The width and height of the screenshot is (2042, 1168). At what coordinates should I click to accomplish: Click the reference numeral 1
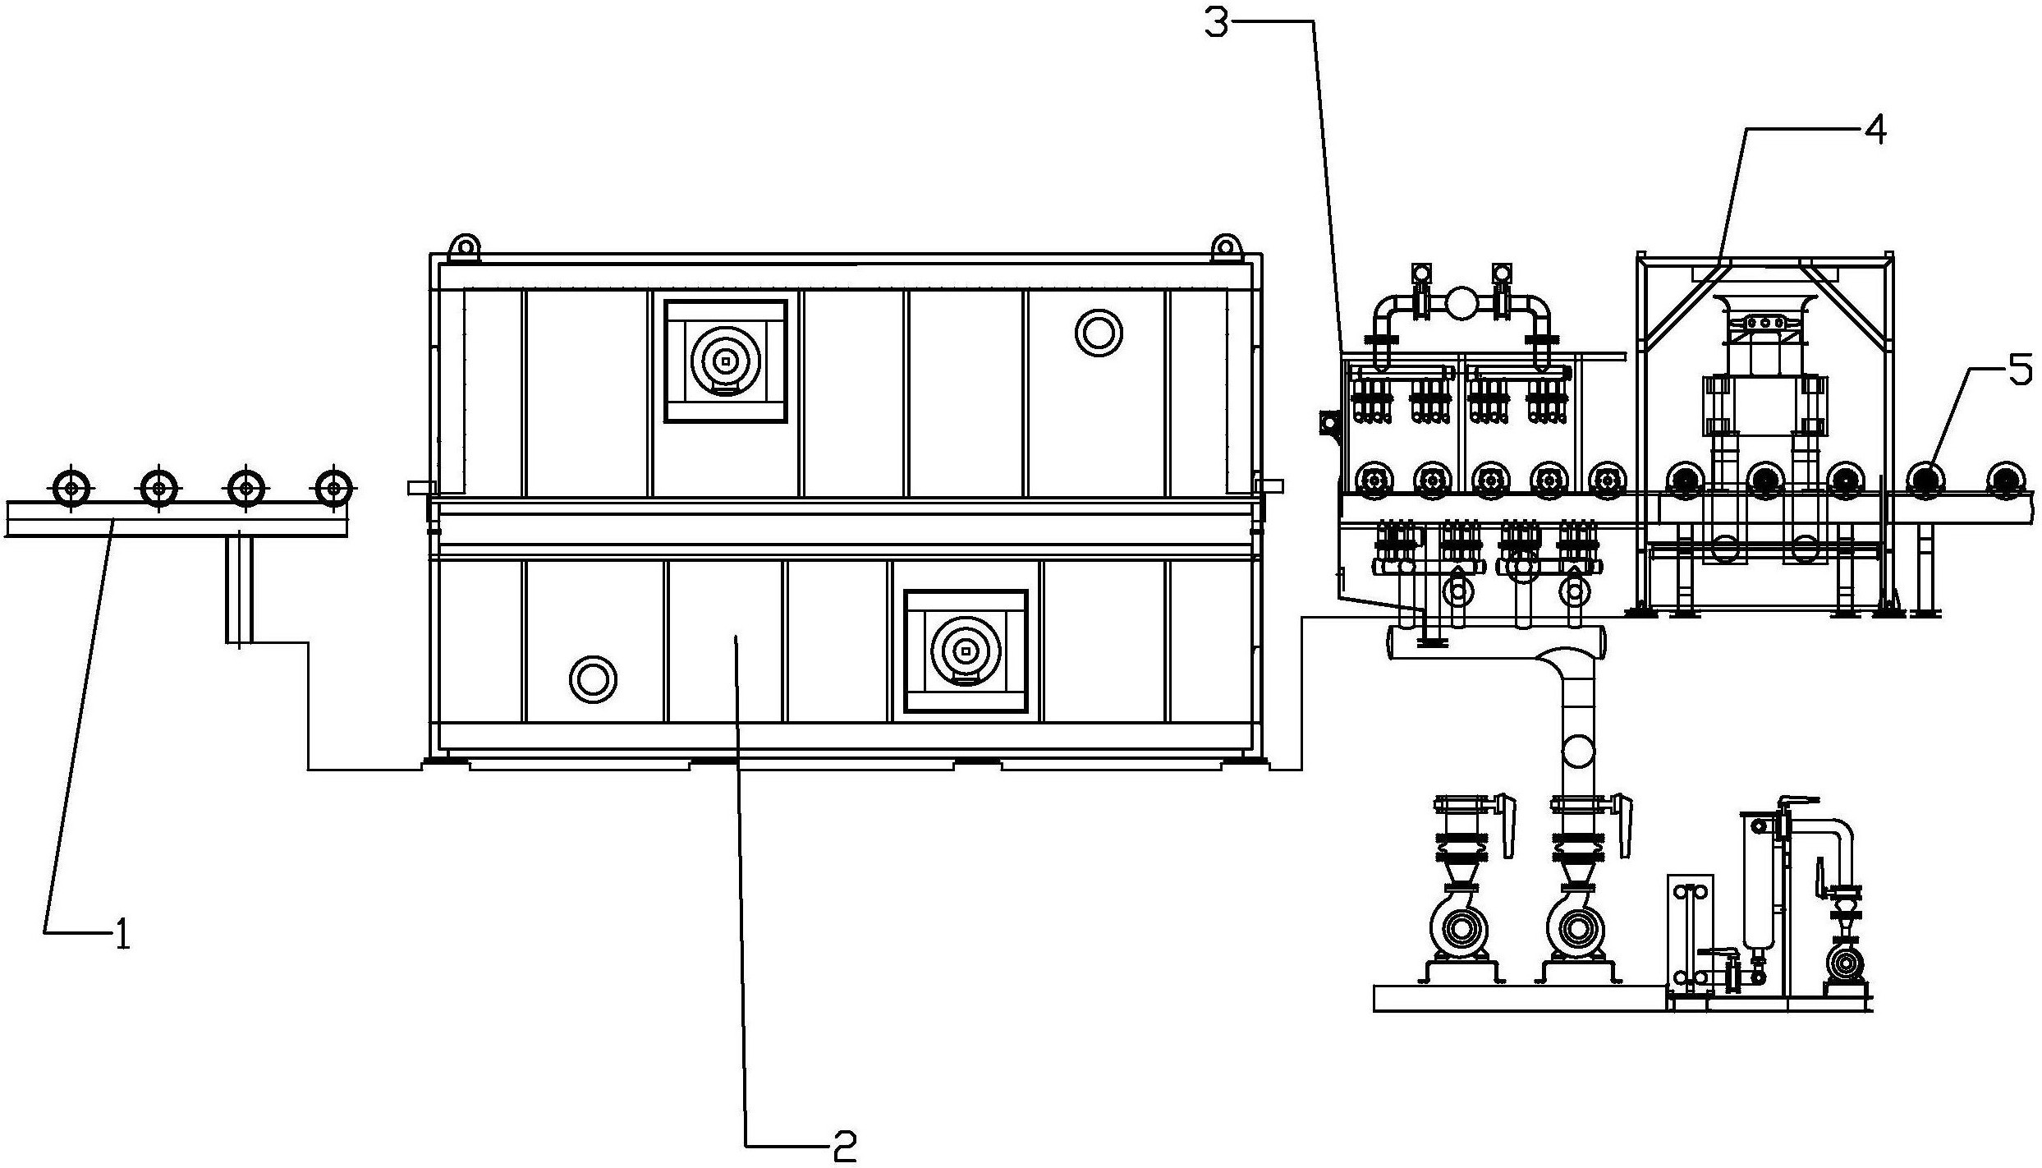(122, 934)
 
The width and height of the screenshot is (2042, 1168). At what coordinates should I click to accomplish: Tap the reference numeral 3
(1217, 22)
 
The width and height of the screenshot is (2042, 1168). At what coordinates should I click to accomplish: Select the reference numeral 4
(1875, 130)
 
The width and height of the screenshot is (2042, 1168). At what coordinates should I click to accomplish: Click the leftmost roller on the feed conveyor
(73, 488)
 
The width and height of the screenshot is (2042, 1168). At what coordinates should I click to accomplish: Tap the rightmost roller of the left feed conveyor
(333, 488)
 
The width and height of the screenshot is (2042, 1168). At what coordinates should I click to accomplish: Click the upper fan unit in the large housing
(725, 361)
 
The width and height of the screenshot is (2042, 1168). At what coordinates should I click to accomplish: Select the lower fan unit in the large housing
(966, 651)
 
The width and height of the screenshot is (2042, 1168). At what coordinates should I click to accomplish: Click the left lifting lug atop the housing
(466, 246)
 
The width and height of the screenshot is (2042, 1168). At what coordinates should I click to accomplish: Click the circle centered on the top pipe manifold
(1461, 304)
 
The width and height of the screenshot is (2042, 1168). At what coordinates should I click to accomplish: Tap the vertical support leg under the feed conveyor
(239, 588)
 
